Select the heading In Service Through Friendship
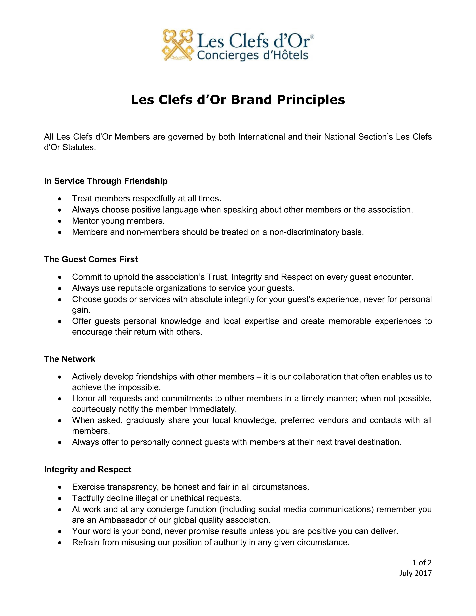106,181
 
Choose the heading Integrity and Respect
87,469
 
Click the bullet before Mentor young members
59,221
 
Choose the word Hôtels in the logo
293,55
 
